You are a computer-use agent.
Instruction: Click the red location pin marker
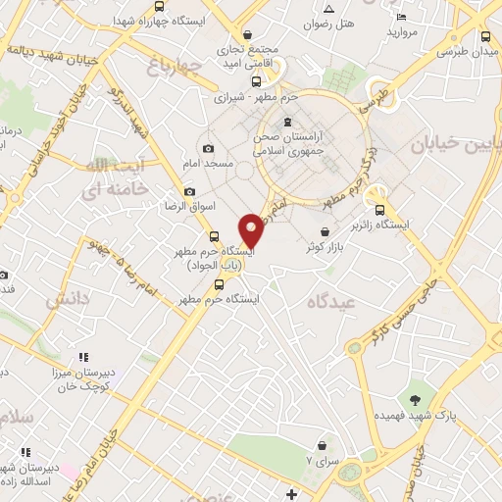pos(252,230)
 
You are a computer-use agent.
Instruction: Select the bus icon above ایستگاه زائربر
pos(379,208)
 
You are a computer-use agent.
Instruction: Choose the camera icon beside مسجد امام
pos(207,147)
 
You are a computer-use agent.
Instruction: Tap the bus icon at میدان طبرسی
pos(486,36)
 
